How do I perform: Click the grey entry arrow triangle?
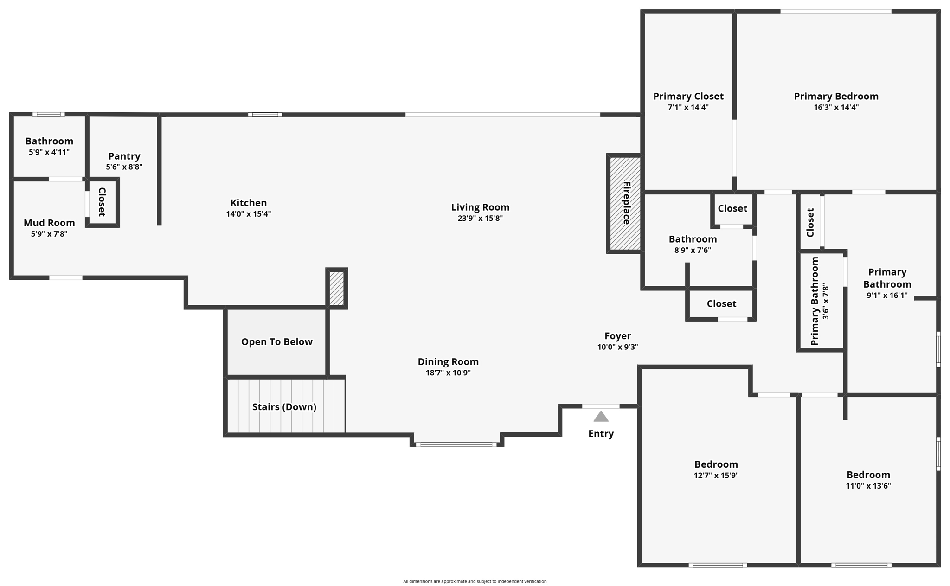point(601,417)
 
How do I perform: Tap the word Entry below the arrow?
point(601,434)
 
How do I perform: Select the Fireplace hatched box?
point(625,203)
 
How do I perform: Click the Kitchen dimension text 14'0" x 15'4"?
point(248,214)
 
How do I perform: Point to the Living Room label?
point(480,207)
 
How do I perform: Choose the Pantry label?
point(124,156)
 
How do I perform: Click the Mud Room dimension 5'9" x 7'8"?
point(49,234)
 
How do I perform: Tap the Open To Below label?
point(276,342)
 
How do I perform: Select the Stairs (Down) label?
point(284,407)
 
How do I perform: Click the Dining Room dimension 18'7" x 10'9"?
point(448,373)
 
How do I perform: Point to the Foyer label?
point(617,336)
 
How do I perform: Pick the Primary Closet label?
point(688,96)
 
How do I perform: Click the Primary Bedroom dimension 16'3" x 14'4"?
point(836,107)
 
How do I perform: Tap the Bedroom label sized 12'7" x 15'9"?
point(716,464)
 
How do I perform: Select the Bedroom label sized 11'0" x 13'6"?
point(868,475)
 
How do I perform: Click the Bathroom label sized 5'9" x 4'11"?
point(49,141)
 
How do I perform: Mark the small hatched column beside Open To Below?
point(336,288)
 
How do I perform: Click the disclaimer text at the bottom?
point(475,581)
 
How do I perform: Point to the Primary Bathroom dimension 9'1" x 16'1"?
point(887,295)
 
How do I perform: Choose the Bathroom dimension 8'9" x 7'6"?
point(692,250)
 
